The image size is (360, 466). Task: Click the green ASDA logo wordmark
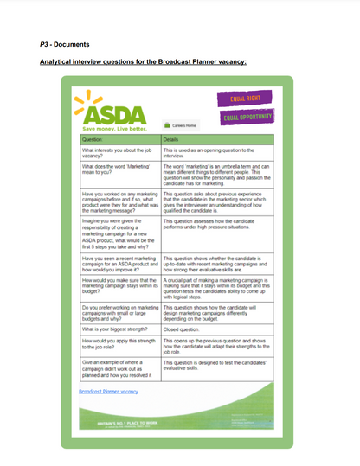point(111,112)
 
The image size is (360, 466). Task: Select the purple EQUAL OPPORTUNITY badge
point(249,117)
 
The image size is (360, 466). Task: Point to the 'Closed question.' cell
point(182,329)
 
